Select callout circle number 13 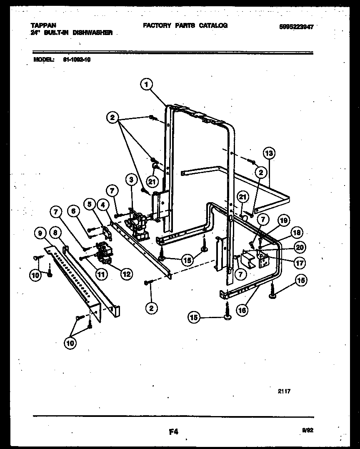coord(269,153)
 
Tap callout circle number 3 coord(131,180)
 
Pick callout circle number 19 coord(283,221)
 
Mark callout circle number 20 coord(300,248)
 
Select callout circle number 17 coord(300,263)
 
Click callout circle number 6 coord(73,211)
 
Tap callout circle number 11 coord(101,274)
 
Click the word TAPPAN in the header coord(43,25)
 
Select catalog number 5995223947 coord(296,26)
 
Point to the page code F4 coord(174,432)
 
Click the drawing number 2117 coord(284,391)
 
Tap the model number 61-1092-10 coord(77,59)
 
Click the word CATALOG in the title coord(213,25)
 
